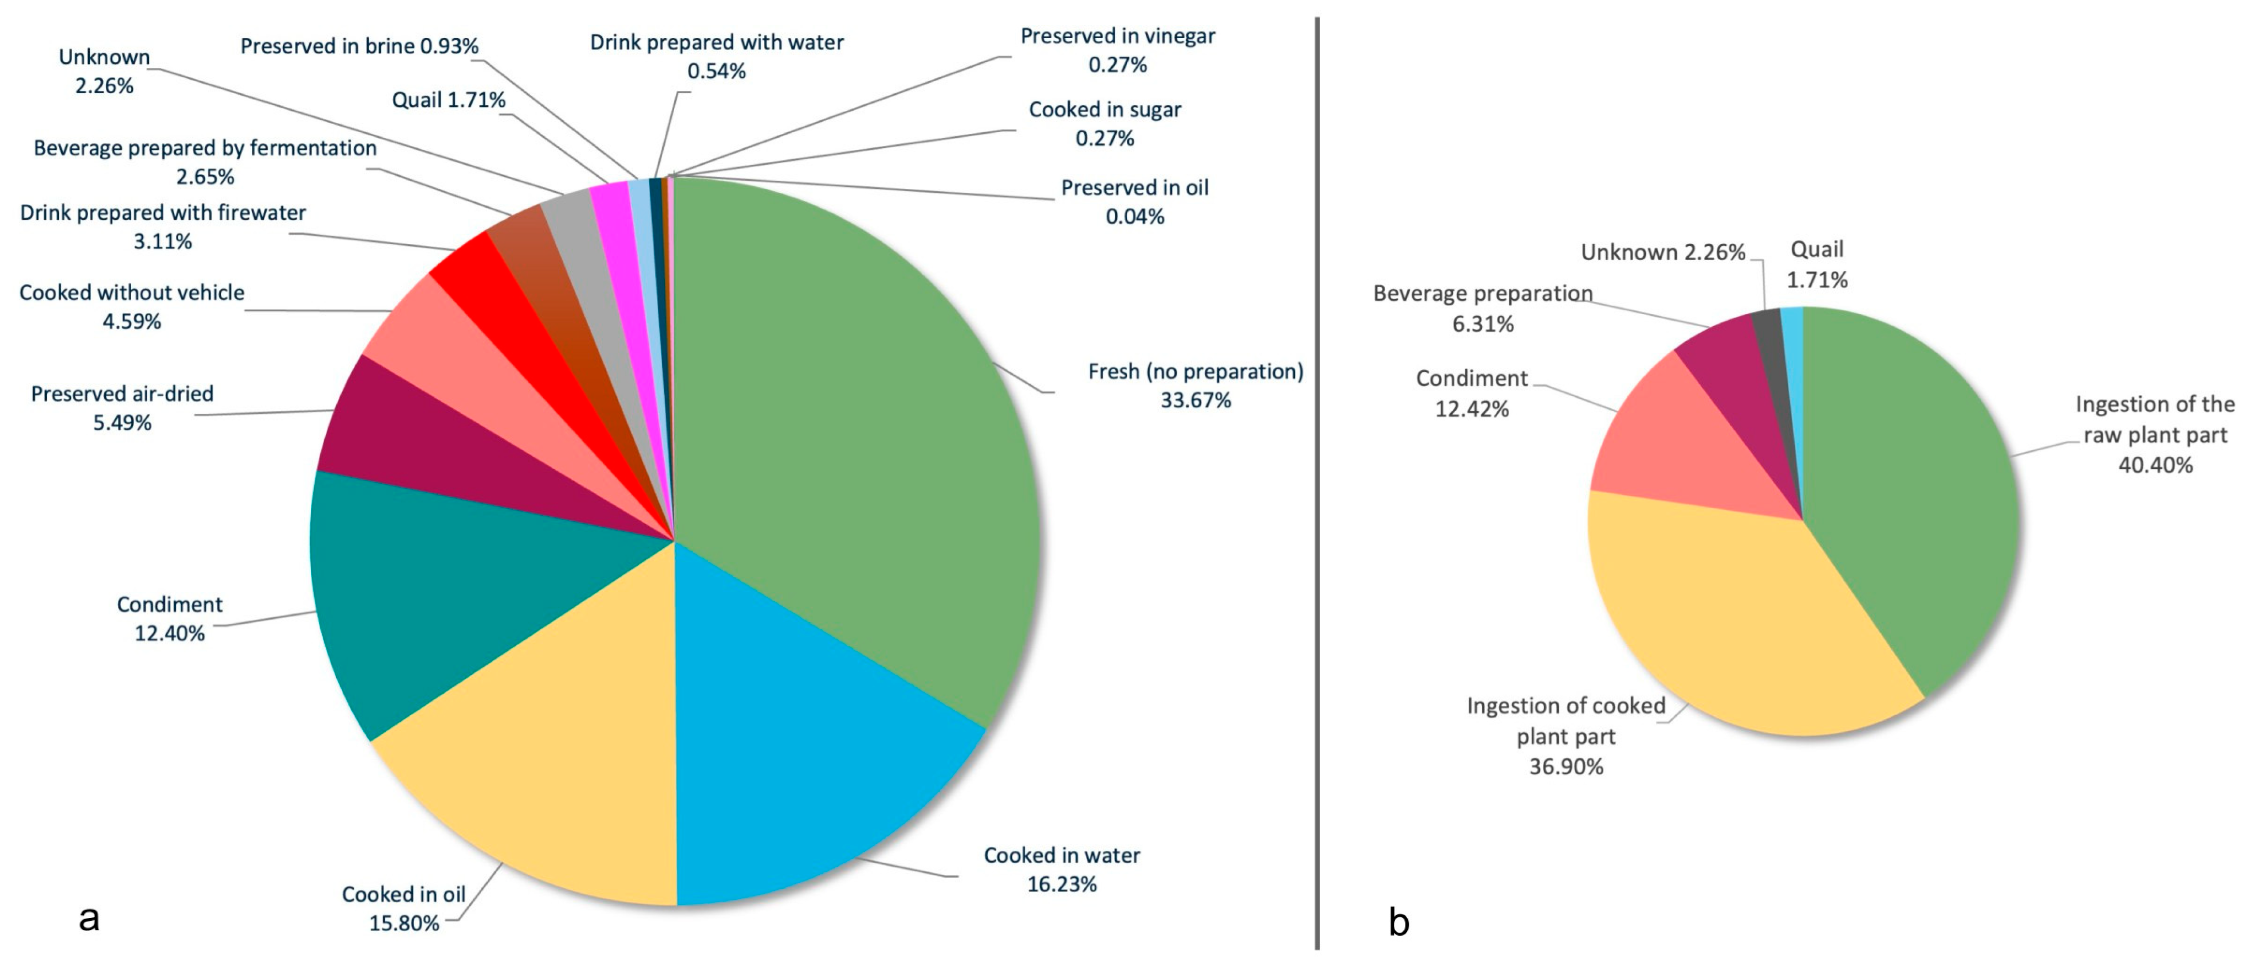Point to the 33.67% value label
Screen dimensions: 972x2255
coord(1195,401)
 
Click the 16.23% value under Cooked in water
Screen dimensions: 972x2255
coord(1061,884)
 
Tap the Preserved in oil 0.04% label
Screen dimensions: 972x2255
coord(1134,201)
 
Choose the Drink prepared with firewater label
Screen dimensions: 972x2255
coord(163,213)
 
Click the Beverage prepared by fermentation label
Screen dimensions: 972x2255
coord(205,148)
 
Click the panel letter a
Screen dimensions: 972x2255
coord(88,919)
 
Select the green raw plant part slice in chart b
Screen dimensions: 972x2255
coord(1908,490)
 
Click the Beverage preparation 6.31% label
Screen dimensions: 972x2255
coord(1482,308)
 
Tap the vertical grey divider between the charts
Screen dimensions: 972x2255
coord(1317,481)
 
